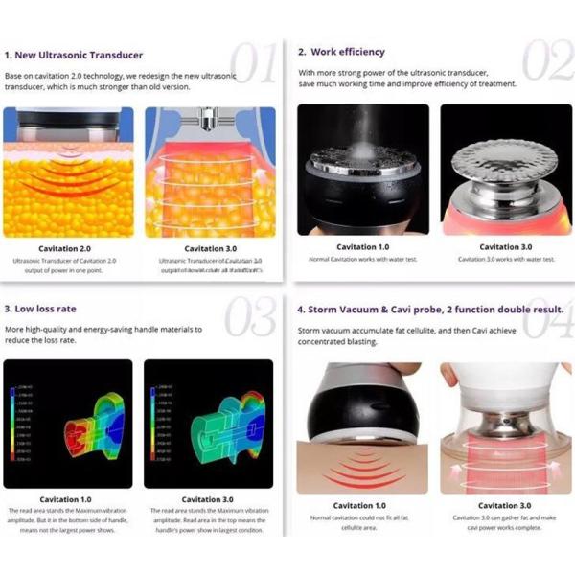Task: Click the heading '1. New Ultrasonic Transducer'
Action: point(73,56)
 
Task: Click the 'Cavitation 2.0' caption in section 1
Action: point(65,248)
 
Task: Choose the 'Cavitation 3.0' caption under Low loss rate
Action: point(207,499)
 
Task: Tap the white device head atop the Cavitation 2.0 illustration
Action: point(66,120)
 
